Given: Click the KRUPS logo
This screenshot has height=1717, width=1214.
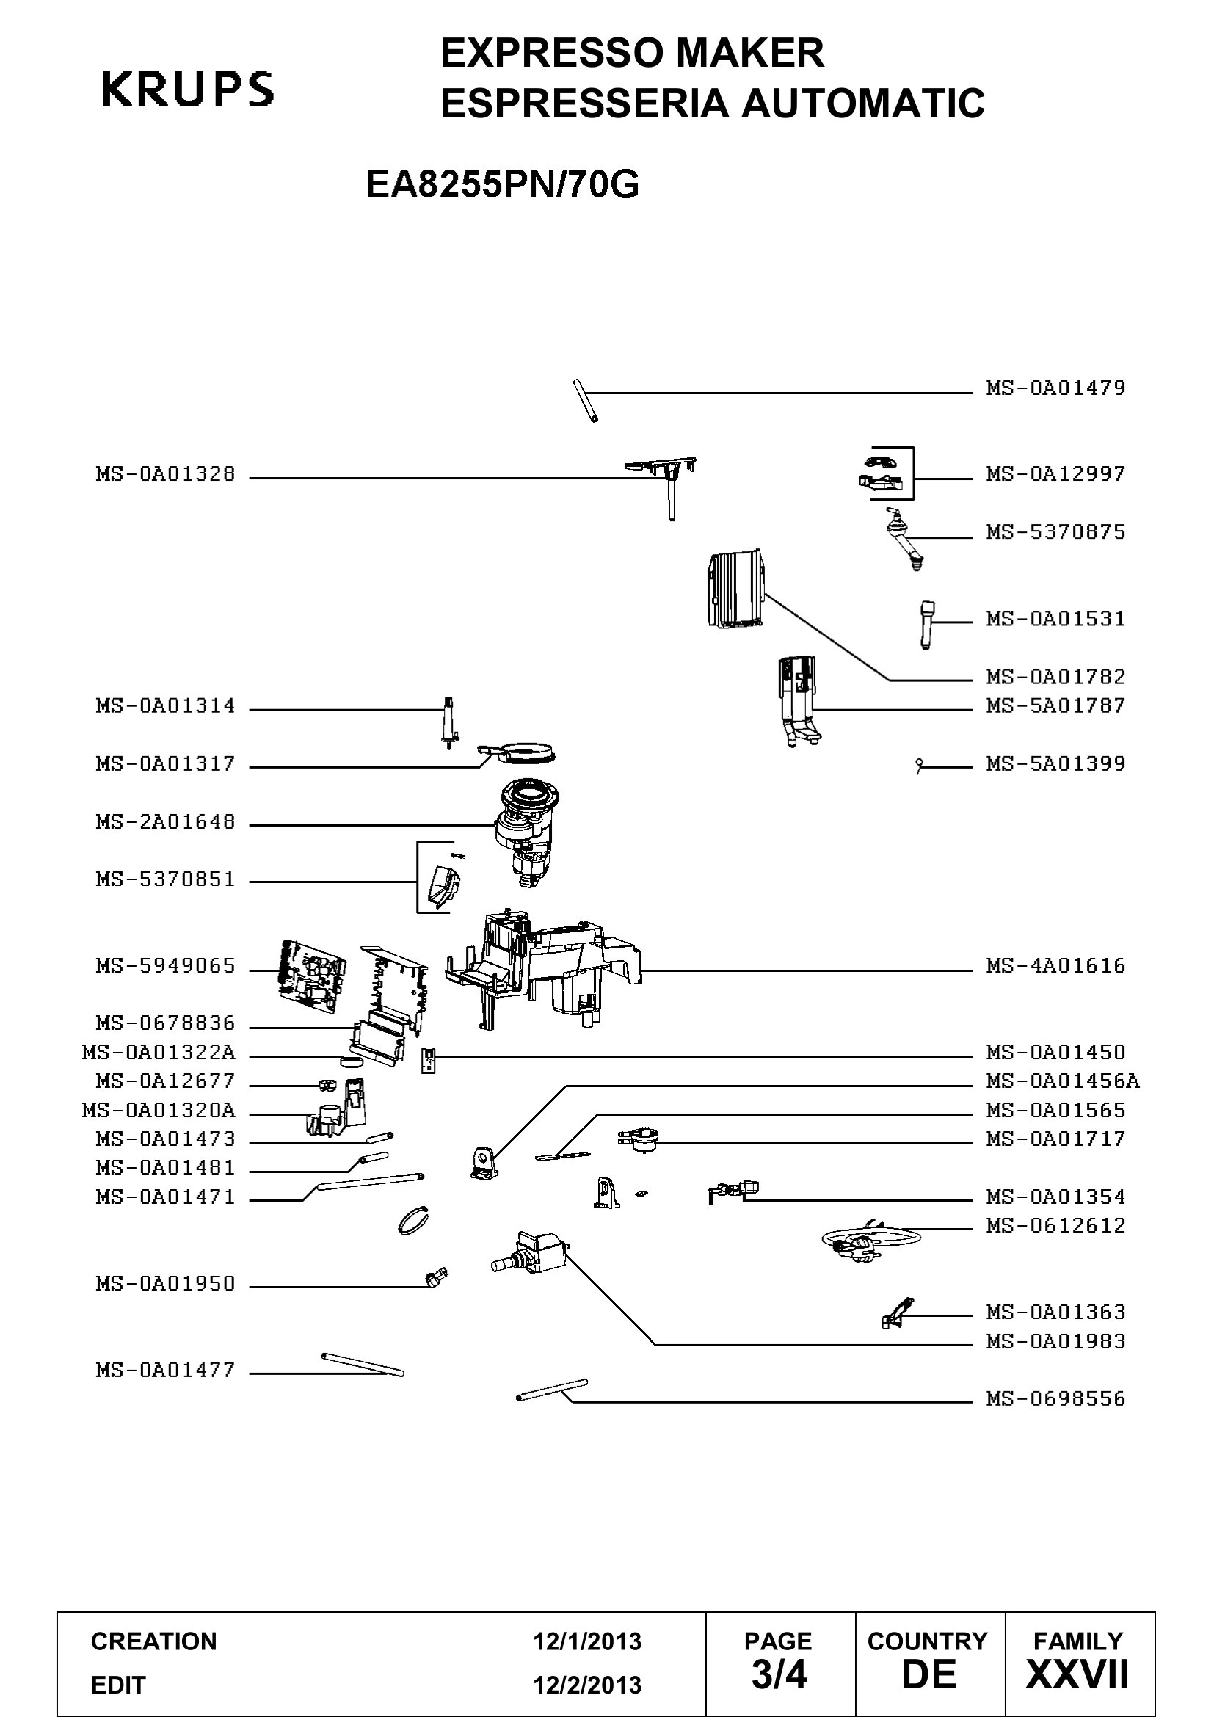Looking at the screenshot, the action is pos(188,89).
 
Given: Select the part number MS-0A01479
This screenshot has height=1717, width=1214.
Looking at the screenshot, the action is pos(1055,388).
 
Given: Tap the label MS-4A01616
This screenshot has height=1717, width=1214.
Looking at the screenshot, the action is pos(1055,965).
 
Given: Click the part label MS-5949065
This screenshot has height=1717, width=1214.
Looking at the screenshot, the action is pos(165,965).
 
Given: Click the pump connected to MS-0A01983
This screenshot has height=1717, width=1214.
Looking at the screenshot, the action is pos(532,1252).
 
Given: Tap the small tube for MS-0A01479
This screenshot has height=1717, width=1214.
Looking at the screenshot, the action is pos(585,402).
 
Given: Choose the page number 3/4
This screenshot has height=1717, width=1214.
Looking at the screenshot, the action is pos(779,1674).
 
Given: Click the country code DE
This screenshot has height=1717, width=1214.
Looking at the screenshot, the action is pos(928,1674).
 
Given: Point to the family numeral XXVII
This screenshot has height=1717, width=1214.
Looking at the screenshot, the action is pos(1077,1674).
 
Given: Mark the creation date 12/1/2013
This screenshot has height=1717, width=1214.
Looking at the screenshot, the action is pos(587,1641).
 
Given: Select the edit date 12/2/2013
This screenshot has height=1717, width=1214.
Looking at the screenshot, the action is pos(587,1685).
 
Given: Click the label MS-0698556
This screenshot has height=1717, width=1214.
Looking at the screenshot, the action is pos(1055,1398).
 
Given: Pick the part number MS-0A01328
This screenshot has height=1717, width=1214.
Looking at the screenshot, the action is pos(165,474).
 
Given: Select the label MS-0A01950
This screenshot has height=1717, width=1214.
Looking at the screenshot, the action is pos(165,1283).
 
